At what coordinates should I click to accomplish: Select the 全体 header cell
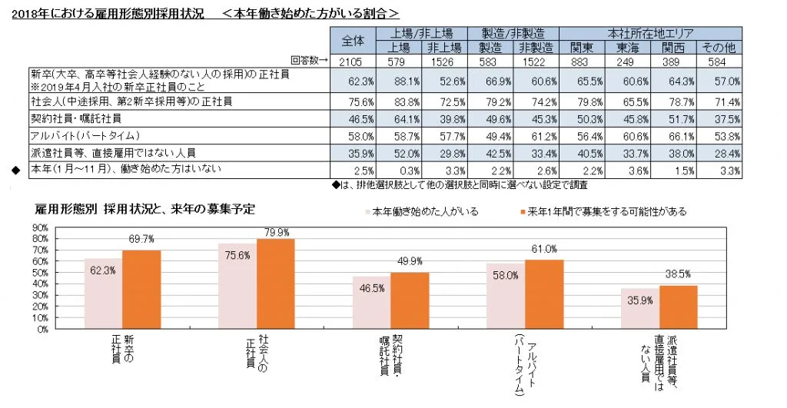(x=351, y=40)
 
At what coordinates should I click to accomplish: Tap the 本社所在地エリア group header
(x=650, y=33)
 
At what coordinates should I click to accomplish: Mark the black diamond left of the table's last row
(x=13, y=170)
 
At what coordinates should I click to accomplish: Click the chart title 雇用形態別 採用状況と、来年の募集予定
(x=145, y=208)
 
